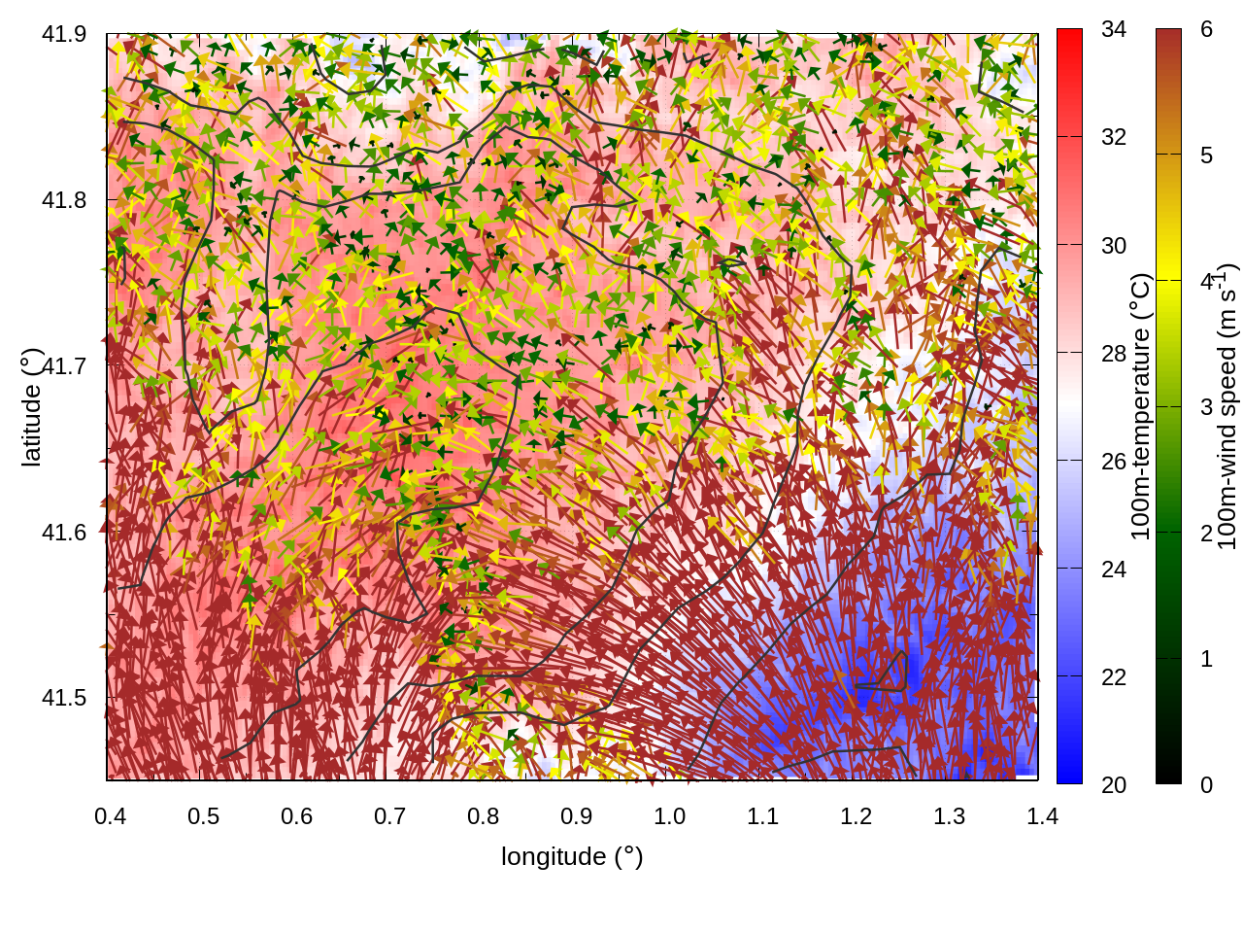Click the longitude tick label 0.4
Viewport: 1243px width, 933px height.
[x=110, y=815]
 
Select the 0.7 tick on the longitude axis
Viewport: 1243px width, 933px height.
[x=389, y=815]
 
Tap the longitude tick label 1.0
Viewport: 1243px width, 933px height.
[x=669, y=815]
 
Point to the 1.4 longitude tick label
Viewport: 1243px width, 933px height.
[x=1042, y=815]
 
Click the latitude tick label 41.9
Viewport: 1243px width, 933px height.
[x=64, y=34]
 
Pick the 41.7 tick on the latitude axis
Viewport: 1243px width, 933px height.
[x=64, y=366]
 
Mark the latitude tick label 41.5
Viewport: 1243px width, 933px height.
[x=64, y=698]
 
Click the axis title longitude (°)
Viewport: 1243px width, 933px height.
[x=572, y=856]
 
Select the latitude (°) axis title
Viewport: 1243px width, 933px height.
[x=32, y=408]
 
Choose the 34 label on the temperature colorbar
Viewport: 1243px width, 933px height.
[x=1114, y=29]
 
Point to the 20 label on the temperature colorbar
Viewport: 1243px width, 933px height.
[x=1114, y=784]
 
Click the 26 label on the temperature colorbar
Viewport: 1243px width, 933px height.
[x=1114, y=461]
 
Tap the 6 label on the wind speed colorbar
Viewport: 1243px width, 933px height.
[x=1206, y=29]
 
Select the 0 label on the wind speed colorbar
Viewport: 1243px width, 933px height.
[x=1206, y=784]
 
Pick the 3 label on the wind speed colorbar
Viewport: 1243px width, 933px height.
[x=1206, y=406]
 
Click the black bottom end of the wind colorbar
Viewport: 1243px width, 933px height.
[x=1168, y=776]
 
